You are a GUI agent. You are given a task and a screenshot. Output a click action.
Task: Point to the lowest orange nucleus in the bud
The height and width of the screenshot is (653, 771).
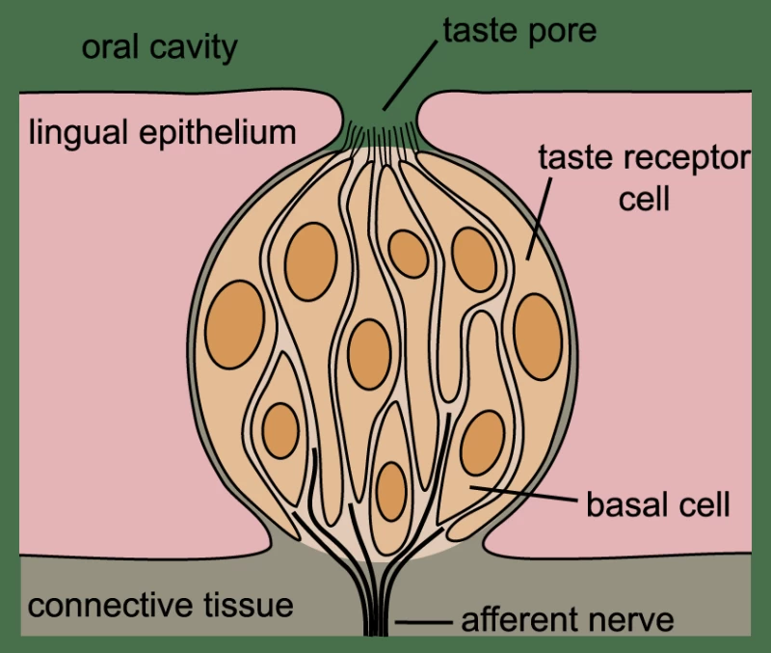coord(390,491)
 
